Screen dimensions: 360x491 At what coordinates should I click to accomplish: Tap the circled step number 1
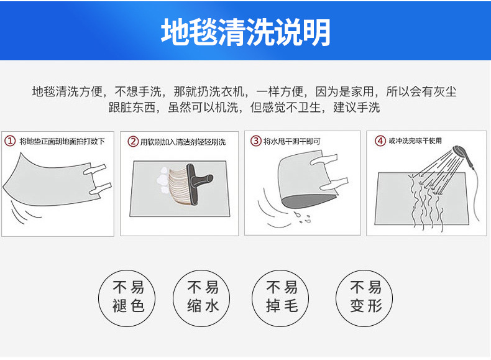(x=10, y=141)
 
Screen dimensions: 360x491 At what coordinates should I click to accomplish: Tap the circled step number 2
(x=133, y=141)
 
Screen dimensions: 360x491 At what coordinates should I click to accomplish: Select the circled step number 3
(x=255, y=141)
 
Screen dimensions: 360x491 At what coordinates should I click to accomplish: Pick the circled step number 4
(x=380, y=141)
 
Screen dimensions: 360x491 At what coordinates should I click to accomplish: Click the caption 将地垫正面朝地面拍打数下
(x=62, y=141)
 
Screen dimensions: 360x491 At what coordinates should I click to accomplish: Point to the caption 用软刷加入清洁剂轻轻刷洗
(x=183, y=142)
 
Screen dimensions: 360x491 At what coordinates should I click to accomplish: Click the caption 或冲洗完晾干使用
(x=415, y=141)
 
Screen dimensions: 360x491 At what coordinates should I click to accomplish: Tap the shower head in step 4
(x=461, y=152)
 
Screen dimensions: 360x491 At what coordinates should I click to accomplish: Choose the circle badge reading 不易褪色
(x=129, y=296)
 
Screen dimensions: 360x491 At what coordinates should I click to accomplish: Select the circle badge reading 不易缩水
(x=203, y=296)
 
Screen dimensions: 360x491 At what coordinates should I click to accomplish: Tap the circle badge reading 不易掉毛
(x=281, y=296)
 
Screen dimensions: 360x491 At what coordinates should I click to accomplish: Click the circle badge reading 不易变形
(x=365, y=296)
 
